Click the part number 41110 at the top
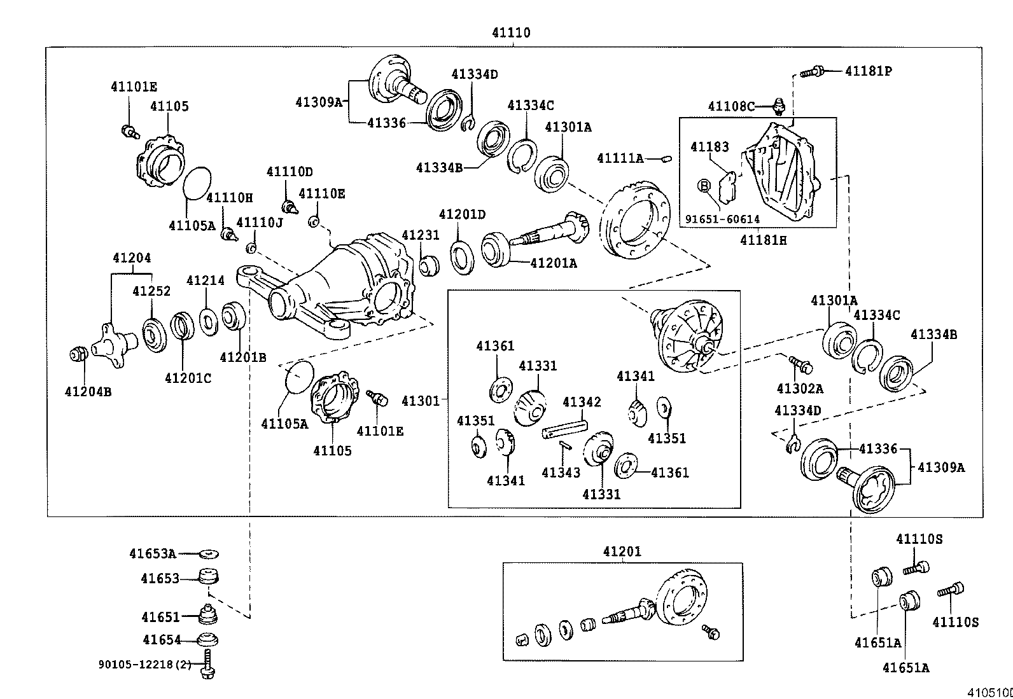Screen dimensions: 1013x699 pyautogui.click(x=510, y=32)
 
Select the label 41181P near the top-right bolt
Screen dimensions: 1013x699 pyautogui.click(x=868, y=71)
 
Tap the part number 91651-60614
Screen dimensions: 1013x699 pyautogui.click(x=722, y=219)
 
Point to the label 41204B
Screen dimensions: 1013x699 pyautogui.click(x=88, y=392)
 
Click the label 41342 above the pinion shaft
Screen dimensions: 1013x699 pyautogui.click(x=582, y=402)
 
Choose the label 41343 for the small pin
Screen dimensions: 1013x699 pyautogui.click(x=561, y=473)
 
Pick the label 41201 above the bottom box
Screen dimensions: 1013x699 pyautogui.click(x=622, y=552)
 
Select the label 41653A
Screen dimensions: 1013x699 pyautogui.click(x=152, y=553)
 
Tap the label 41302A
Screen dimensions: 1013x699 pyautogui.click(x=800, y=389)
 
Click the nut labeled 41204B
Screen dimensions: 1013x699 pyautogui.click(x=78, y=354)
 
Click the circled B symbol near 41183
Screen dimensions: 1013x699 pyautogui.click(x=704, y=186)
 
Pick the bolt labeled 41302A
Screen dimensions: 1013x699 pyautogui.click(x=800, y=364)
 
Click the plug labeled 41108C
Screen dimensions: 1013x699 pyautogui.click(x=779, y=105)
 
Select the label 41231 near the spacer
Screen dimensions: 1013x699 pyautogui.click(x=420, y=235)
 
